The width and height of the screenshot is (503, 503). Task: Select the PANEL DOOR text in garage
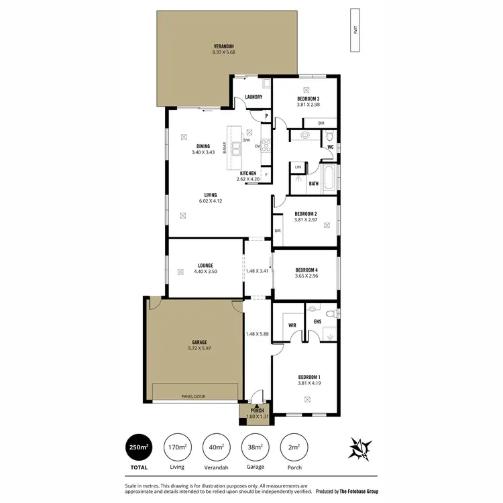point(195,396)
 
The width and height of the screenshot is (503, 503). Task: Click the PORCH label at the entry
point(258,410)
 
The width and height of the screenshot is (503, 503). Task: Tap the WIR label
point(292,325)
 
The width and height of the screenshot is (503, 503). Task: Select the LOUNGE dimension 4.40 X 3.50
point(206,271)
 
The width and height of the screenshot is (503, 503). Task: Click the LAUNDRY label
point(254,97)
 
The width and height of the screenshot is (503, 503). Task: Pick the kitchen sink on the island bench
point(237,147)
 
